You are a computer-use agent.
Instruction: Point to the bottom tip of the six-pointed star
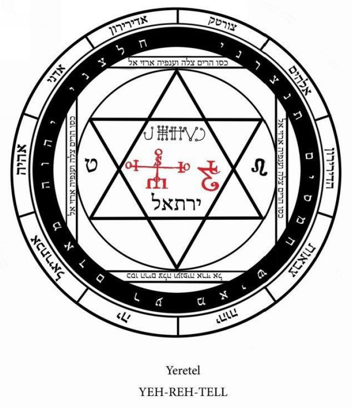(174, 265)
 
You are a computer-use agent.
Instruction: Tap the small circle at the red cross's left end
(128, 165)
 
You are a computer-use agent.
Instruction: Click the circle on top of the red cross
(157, 153)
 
